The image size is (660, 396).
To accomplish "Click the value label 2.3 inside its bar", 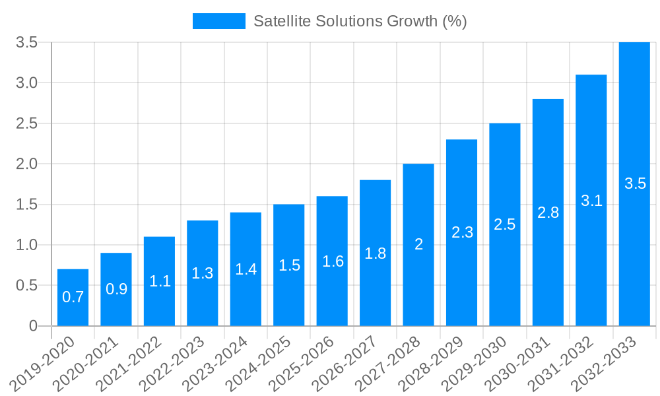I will tap(462, 232).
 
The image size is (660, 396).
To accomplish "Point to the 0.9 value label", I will tap(116, 289).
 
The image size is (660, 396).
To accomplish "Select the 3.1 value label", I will tap(591, 201).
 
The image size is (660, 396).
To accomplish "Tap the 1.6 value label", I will tap(333, 261).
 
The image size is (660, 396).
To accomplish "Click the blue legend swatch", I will tap(218, 21).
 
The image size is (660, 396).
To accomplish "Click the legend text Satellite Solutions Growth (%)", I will tap(360, 21).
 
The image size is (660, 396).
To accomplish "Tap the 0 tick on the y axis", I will tap(33, 326).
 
